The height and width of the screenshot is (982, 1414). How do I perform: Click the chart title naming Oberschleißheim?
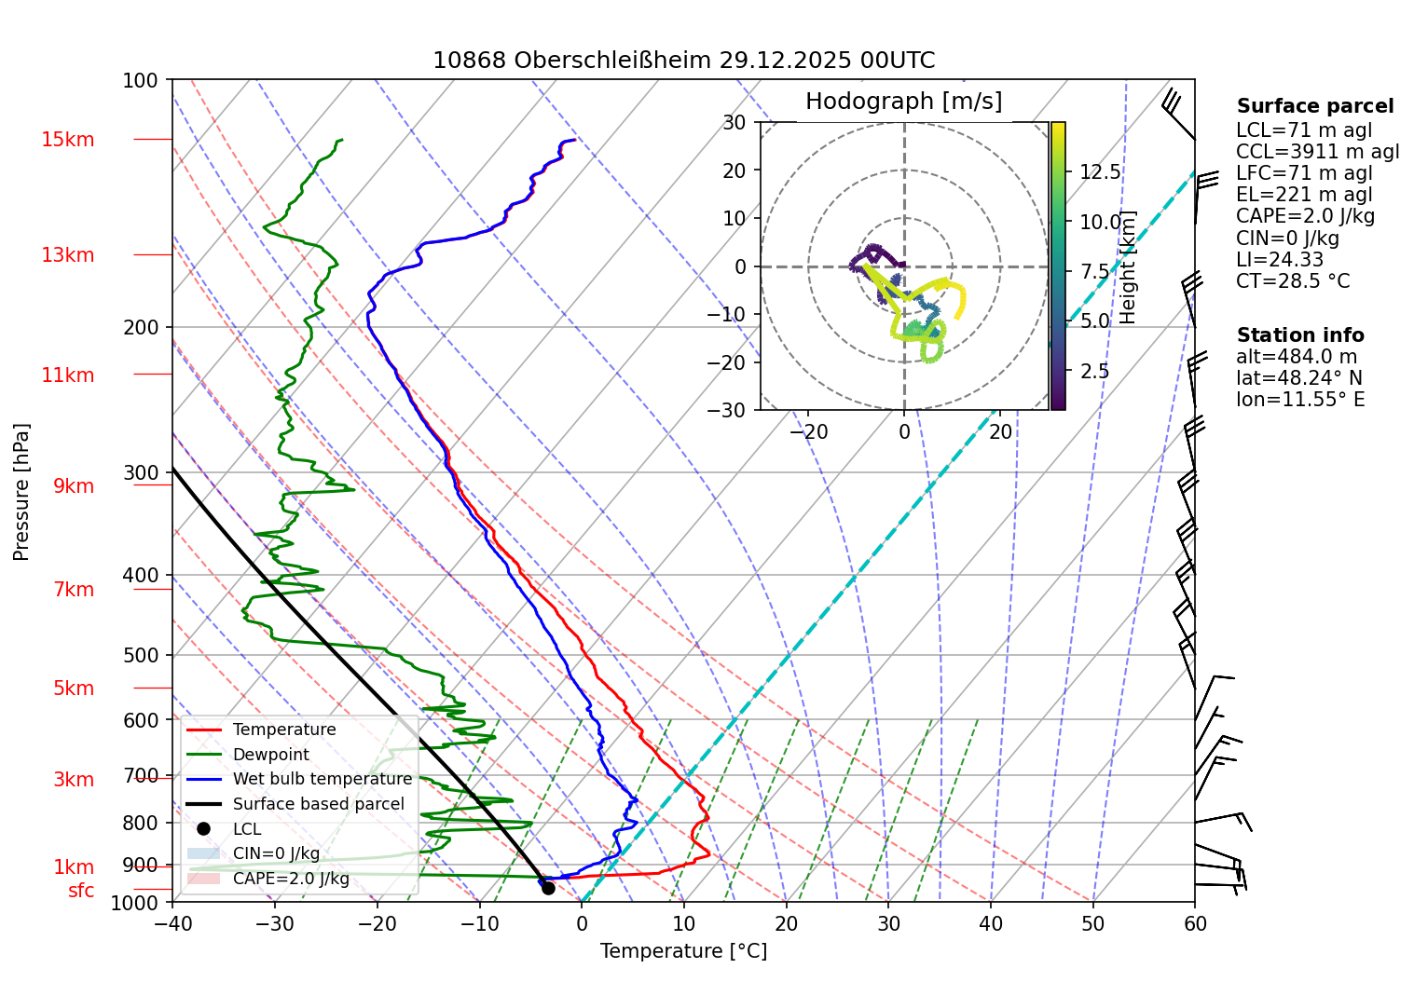coord(683,61)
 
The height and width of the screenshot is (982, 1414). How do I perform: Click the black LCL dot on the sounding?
coord(548,888)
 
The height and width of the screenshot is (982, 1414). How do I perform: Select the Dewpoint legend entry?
coord(270,755)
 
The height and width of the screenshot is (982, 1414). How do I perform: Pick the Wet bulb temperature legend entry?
coord(322,779)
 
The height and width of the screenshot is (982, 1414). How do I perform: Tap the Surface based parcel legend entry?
coord(318,804)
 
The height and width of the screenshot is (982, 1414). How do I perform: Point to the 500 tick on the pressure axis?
coord(141,655)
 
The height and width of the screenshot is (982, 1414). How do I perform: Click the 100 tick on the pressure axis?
coord(141,81)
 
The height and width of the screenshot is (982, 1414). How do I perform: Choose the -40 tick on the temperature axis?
coord(172,923)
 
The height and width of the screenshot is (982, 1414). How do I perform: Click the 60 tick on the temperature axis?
coord(1195,923)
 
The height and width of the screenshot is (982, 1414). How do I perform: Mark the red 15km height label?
coord(67,140)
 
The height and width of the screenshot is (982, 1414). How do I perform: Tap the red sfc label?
coord(81,891)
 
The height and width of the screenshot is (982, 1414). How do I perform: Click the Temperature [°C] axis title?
coord(683,951)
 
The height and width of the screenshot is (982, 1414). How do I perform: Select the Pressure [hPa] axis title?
coord(21,491)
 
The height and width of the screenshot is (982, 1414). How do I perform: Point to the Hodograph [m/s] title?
coord(903,102)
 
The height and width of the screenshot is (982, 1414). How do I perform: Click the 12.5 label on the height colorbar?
coord(1100,172)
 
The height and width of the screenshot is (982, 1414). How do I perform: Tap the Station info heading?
coord(1300,335)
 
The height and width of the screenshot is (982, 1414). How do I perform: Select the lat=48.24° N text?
coord(1299,378)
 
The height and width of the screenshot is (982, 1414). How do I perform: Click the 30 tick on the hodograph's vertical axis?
coord(734,122)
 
